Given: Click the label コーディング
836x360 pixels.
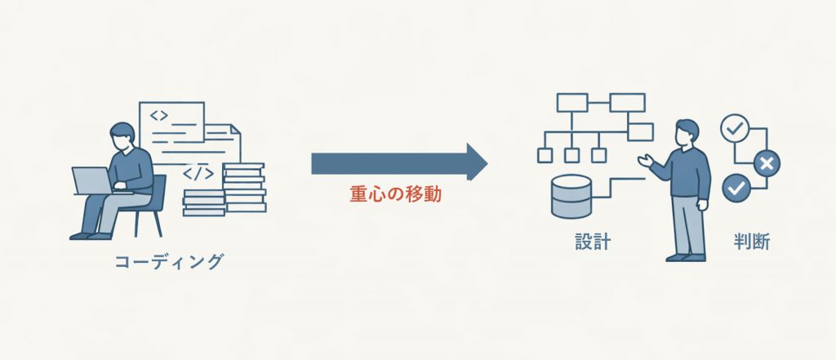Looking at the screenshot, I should coord(169,261).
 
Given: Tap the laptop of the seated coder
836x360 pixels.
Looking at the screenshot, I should coord(92,180).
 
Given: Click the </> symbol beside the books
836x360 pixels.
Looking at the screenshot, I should coord(198,173).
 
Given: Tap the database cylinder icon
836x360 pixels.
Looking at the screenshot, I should coord(571,196).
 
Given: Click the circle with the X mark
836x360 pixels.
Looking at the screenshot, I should coord(766,163).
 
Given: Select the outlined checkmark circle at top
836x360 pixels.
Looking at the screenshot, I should coord(735,128).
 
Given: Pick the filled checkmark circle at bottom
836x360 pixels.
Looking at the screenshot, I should coord(736,189).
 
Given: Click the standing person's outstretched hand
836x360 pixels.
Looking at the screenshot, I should coord(643,161).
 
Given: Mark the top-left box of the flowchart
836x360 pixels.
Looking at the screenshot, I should coord(572,103).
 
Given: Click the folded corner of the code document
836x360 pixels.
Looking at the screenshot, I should coord(233,129).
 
